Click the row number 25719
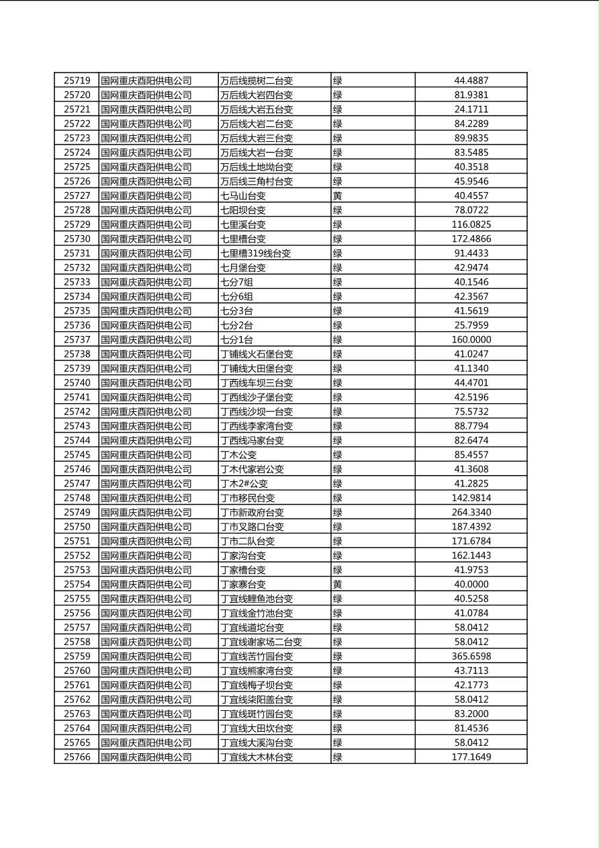click(x=77, y=81)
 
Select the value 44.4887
click(x=471, y=81)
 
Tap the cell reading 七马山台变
click(x=243, y=196)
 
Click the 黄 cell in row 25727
click(x=338, y=196)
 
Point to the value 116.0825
click(x=471, y=224)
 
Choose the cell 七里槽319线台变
click(x=256, y=253)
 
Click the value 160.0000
click(x=471, y=339)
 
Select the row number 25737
click(x=77, y=339)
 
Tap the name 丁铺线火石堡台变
click(x=257, y=354)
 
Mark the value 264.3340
click(x=471, y=512)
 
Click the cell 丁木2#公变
click(x=244, y=483)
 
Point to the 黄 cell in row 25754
click(x=338, y=584)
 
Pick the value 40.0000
click(x=471, y=584)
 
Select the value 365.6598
click(x=471, y=656)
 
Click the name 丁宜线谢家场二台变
click(x=261, y=642)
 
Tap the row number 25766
click(x=77, y=757)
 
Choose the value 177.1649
click(x=471, y=757)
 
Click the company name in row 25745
click(x=146, y=455)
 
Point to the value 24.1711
click(x=471, y=109)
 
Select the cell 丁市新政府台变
click(x=252, y=512)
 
